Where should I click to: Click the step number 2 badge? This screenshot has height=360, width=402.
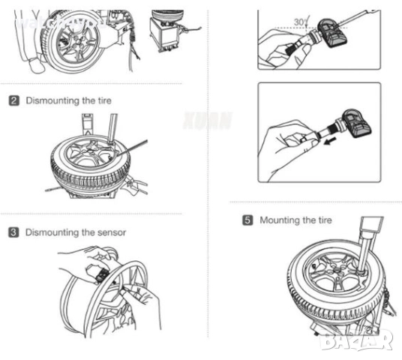tap(13, 100)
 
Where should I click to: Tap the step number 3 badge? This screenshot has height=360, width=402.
tap(13, 232)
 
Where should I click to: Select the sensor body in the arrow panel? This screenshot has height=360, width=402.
tap(358, 124)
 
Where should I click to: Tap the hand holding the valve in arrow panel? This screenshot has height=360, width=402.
tap(283, 150)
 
